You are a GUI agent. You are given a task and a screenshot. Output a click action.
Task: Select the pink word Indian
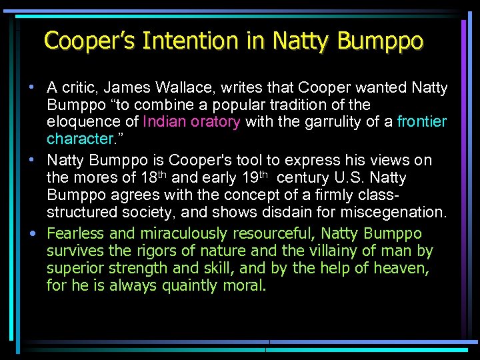pos(168,122)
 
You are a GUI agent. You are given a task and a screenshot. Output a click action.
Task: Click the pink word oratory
pos(218,122)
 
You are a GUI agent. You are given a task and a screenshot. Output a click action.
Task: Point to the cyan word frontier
pos(422,122)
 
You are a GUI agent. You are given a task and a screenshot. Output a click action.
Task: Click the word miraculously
pos(178,234)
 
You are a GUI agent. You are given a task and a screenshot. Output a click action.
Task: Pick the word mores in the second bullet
pos(91,178)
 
